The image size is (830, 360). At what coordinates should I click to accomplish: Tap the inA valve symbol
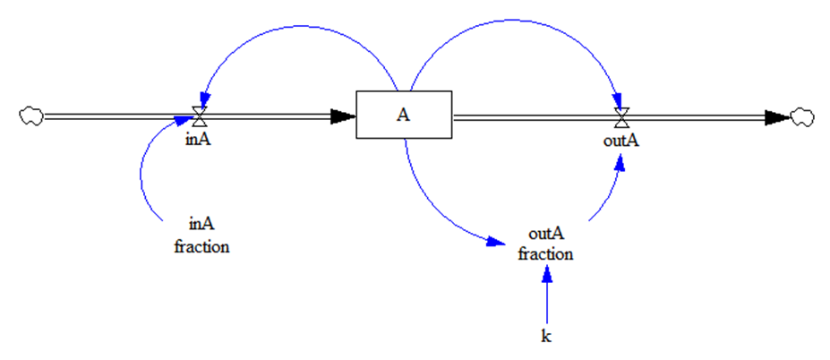[201, 116]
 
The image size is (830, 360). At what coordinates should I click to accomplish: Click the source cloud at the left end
[31, 116]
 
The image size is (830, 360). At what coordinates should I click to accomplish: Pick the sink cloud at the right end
[802, 116]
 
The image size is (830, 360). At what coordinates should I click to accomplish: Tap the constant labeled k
[546, 335]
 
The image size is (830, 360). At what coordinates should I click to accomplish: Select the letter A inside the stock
[404, 116]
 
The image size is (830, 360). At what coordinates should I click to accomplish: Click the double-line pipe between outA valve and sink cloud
[698, 116]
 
